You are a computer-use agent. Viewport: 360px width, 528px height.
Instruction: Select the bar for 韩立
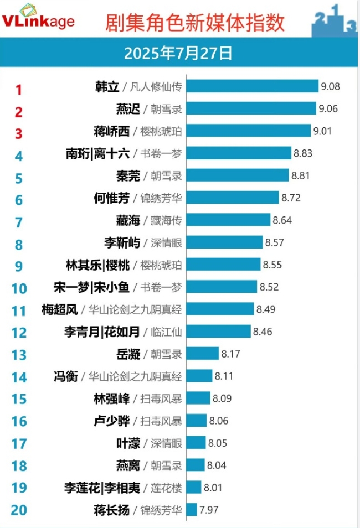pos(253,86)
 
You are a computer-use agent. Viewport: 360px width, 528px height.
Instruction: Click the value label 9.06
pos(328,108)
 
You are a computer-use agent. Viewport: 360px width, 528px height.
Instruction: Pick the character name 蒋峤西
pos(112,132)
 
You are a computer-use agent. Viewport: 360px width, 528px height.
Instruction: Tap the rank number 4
pos(19,156)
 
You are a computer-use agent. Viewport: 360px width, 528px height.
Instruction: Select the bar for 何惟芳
pos(233,198)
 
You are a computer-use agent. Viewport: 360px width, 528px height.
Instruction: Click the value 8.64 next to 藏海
pos(282,220)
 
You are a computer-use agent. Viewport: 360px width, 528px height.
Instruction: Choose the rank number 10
pos(19,288)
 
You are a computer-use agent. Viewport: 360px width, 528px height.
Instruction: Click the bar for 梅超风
pos(220,309)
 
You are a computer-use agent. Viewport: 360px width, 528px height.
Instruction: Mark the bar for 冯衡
pos(199,376)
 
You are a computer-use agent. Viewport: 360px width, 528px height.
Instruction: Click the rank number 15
pos(19,399)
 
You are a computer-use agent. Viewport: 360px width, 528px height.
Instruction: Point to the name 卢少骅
pos(112,421)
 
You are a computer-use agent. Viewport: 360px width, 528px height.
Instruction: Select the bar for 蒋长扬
pos(192,510)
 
